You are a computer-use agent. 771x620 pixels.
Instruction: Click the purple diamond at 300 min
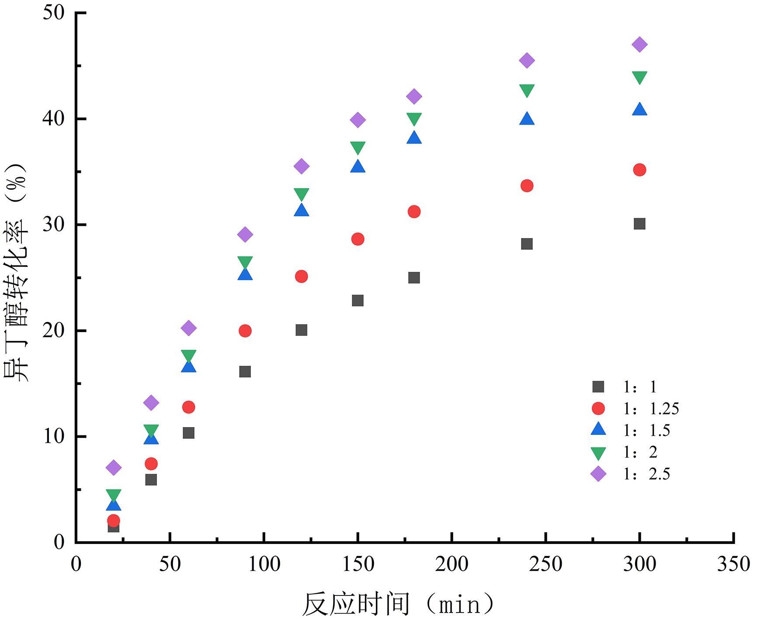pyautogui.click(x=639, y=45)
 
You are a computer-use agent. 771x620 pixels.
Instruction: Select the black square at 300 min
pyautogui.click(x=639, y=224)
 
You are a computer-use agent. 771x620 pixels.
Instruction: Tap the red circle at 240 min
pyautogui.click(x=527, y=186)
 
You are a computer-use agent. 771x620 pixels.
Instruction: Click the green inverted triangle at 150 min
pyautogui.click(x=358, y=148)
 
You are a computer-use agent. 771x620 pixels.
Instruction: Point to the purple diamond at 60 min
pyautogui.click(x=188, y=328)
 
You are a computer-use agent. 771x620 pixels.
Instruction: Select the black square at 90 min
pyautogui.click(x=245, y=372)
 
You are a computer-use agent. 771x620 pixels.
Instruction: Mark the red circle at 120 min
pyautogui.click(x=301, y=277)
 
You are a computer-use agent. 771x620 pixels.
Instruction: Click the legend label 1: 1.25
pyautogui.click(x=651, y=409)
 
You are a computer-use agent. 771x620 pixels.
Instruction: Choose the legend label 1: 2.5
pyautogui.click(x=646, y=474)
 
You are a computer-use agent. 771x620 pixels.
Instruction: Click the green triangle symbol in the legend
pyautogui.click(x=598, y=453)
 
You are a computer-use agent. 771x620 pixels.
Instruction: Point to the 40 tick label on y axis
pyautogui.click(x=54, y=119)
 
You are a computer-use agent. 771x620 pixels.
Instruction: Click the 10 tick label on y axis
pyautogui.click(x=54, y=437)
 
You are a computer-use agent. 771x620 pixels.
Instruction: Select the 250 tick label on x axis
pyautogui.click(x=545, y=564)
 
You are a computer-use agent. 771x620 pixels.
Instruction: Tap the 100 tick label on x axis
pyautogui.click(x=264, y=564)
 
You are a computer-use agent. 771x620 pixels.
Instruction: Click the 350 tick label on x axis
pyautogui.click(x=733, y=564)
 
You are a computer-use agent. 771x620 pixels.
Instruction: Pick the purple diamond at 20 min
pyautogui.click(x=113, y=467)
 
